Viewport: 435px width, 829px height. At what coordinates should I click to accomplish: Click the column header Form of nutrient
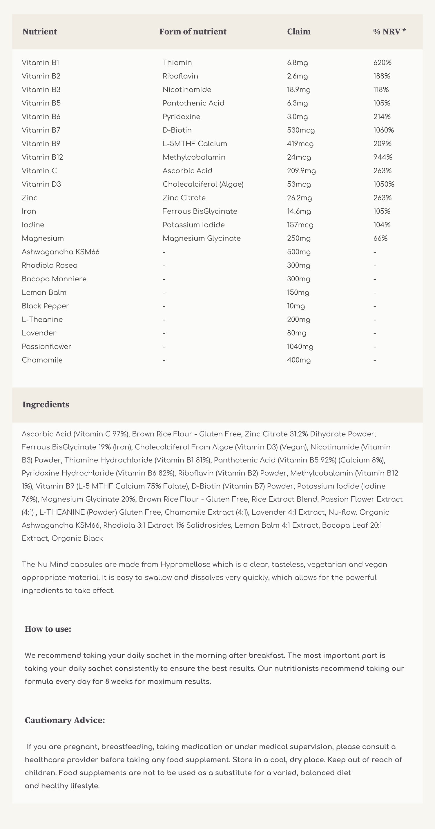tap(193, 32)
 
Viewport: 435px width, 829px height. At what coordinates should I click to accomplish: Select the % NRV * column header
tap(389, 32)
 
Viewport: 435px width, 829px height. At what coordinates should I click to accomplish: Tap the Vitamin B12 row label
tap(42, 157)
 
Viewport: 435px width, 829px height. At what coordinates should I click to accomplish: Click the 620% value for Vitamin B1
tap(382, 62)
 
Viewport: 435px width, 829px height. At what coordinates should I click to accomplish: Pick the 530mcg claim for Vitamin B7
tap(300, 130)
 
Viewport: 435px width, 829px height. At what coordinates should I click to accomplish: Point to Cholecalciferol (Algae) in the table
tap(203, 184)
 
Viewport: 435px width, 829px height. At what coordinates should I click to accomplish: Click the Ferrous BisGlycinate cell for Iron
tap(200, 211)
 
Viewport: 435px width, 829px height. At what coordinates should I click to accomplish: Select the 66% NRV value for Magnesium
tap(380, 238)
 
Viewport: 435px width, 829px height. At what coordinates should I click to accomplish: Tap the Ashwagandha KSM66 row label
tap(61, 252)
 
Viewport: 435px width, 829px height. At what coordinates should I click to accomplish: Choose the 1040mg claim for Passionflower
tap(300, 346)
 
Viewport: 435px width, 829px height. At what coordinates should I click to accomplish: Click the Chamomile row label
tap(42, 360)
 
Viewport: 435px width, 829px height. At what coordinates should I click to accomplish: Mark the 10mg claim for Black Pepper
tap(296, 306)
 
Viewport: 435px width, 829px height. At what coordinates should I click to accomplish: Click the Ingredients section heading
tap(46, 405)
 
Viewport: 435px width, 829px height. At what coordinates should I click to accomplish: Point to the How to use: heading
tap(48, 629)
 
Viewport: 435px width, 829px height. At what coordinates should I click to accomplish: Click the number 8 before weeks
tap(107, 681)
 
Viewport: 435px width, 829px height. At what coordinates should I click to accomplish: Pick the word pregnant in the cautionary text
tap(81, 747)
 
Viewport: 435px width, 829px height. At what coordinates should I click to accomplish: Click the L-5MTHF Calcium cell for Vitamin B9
tap(195, 143)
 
